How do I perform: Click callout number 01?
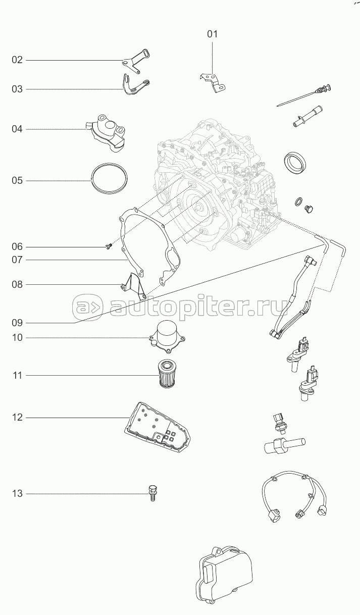click(212, 34)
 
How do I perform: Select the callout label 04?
click(17, 129)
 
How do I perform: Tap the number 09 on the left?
click(17, 323)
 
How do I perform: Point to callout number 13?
click(17, 494)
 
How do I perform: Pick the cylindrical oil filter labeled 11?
click(167, 375)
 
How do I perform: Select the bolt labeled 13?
click(152, 493)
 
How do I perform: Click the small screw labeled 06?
click(108, 247)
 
